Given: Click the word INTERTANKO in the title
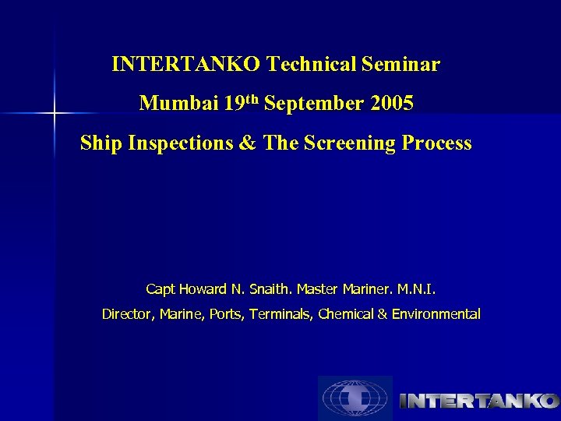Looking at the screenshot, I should click(x=187, y=64).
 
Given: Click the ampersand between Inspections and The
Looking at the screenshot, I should click(x=249, y=143).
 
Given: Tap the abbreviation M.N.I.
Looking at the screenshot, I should click(x=417, y=289).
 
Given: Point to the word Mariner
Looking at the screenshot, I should click(x=367, y=289).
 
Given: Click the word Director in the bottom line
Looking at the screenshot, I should click(x=129, y=314).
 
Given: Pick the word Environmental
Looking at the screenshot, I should click(x=436, y=314).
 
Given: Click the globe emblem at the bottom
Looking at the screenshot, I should click(x=355, y=398).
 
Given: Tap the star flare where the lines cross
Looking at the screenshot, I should click(x=55, y=114).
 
